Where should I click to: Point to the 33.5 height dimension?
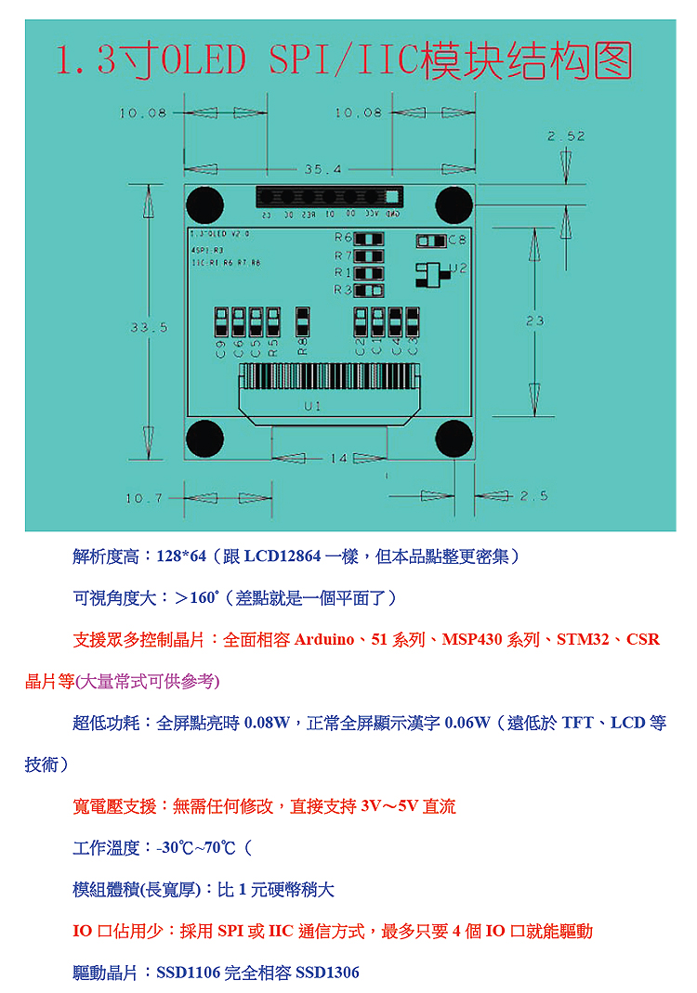(x=149, y=327)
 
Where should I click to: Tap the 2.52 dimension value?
(x=566, y=136)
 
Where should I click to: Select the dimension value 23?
(x=534, y=320)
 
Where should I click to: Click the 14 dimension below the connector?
(x=338, y=458)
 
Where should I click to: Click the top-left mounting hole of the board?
(x=204, y=203)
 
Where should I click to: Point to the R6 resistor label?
(x=343, y=238)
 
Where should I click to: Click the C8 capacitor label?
(x=456, y=241)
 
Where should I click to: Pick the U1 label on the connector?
(x=312, y=407)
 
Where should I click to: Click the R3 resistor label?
(x=343, y=291)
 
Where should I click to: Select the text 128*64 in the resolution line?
(x=180, y=555)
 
